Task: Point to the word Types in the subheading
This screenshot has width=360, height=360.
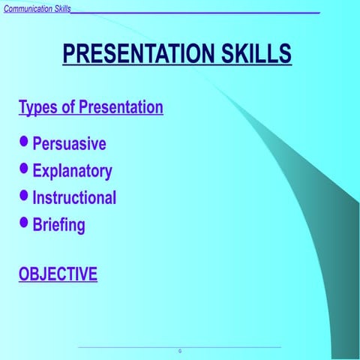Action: point(37,107)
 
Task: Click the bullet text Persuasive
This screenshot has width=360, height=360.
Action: point(69,144)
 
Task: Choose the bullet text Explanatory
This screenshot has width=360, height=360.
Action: point(72,171)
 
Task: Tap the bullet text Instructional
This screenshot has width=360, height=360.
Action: point(74,198)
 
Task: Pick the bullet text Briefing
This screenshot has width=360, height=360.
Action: point(58,225)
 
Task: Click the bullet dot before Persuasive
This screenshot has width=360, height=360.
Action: point(25,142)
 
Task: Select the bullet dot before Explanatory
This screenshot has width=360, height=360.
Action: point(25,169)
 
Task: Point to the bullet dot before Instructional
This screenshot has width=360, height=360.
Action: point(25,196)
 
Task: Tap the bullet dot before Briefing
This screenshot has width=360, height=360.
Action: point(25,222)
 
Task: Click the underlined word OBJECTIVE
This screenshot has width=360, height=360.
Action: point(58,274)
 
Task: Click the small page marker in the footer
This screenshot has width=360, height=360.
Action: point(179,351)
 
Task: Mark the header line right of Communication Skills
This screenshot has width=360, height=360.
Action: point(195,13)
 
